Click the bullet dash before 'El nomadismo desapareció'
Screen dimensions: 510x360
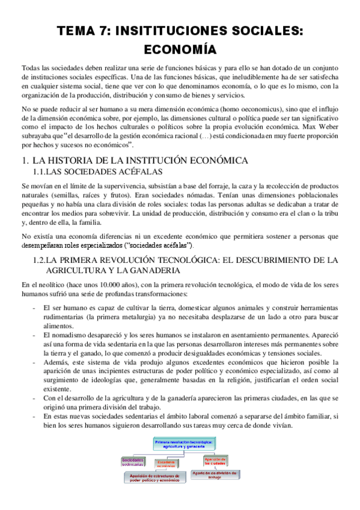pyautogui.click(x=35, y=334)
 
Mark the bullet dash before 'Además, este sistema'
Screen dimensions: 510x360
pyautogui.click(x=35, y=362)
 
